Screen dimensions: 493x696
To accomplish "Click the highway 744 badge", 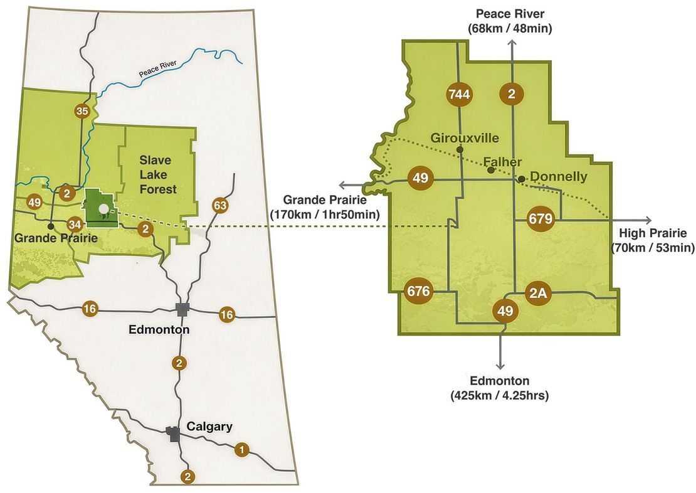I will tap(460, 95).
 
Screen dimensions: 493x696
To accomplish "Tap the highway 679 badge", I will tap(540, 219).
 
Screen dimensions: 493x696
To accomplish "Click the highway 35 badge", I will tap(82, 111).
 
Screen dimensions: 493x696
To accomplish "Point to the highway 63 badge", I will tap(219, 205).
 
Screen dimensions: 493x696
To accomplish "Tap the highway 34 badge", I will tap(75, 224).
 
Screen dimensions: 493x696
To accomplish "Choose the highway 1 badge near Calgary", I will tap(242, 449).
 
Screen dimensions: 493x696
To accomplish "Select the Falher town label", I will tap(504, 162).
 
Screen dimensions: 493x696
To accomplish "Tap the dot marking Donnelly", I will tap(521, 178).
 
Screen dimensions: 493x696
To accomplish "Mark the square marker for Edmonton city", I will tap(182, 309).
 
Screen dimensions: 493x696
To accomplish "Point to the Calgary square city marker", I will tap(172, 432).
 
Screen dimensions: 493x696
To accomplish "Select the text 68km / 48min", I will tap(510, 28).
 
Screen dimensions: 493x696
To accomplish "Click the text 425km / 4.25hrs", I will tap(500, 395).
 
